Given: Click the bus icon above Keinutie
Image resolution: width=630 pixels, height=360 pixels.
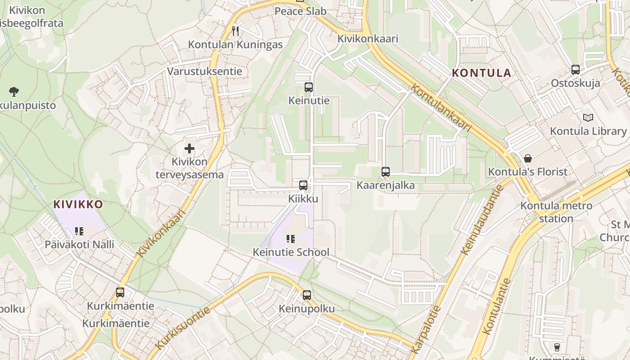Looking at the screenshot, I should point(308,87).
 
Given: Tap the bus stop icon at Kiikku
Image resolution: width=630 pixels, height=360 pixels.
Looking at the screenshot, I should point(303,185).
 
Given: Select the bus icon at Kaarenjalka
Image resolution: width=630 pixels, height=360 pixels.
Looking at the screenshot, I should point(385,171).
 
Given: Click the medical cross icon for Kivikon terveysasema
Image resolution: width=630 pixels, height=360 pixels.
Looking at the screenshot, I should point(189,148).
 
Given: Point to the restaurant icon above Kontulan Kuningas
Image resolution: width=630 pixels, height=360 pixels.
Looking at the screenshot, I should point(235,31).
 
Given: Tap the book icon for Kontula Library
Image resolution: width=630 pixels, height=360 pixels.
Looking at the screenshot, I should point(588,117).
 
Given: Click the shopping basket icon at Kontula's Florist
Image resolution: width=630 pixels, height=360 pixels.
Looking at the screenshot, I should point(528,158).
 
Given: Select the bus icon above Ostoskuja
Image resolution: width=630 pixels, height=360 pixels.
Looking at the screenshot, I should point(575,69).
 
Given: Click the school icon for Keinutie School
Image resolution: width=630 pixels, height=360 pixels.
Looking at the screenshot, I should point(291,238).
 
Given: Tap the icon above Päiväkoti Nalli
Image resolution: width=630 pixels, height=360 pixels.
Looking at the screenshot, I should point(79,231).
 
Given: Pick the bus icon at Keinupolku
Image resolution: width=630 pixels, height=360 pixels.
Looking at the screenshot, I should point(306,295).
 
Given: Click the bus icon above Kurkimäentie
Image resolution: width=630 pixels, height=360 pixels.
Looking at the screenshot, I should point(120,292).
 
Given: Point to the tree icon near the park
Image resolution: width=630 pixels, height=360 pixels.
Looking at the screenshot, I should point(13,91).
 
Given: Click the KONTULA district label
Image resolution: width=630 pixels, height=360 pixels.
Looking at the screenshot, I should point(481,73).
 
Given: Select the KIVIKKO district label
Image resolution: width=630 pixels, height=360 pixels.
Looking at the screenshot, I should point(78,204).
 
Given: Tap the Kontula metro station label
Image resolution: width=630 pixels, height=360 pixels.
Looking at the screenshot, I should point(556,212).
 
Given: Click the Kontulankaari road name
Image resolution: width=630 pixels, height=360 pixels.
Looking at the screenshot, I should point(441,108).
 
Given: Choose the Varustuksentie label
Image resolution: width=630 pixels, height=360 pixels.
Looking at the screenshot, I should point(204,71).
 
